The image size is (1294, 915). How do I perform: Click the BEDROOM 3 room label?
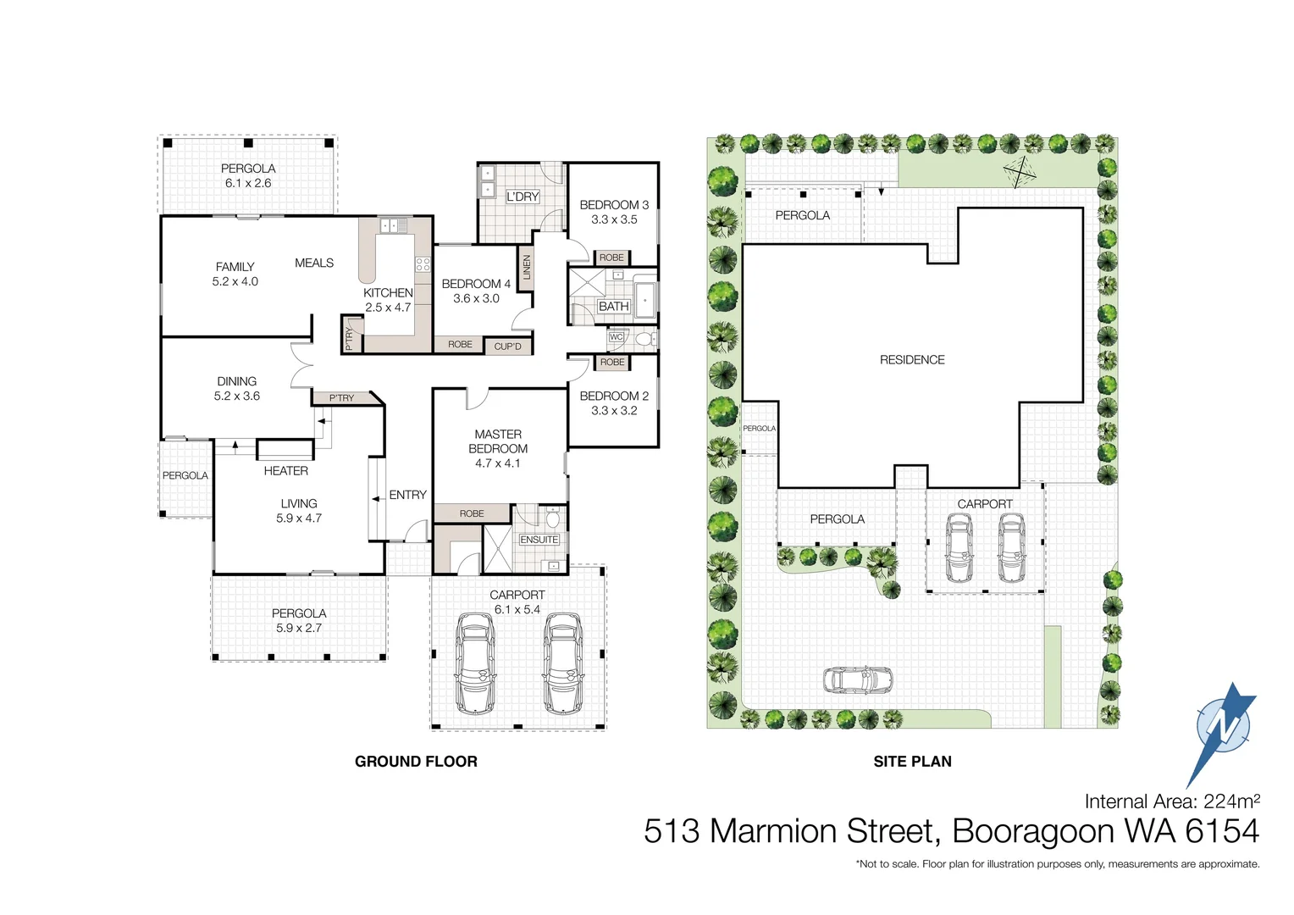[x=614, y=205]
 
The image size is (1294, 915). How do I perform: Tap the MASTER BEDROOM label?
[x=498, y=441]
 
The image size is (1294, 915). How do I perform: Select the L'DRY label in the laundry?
[x=523, y=197]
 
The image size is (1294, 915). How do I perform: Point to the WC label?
[x=616, y=337]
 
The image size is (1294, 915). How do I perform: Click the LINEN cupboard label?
[x=527, y=268]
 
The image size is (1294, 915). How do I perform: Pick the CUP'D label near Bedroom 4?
[x=507, y=347]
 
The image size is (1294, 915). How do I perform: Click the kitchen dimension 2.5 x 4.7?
[x=388, y=308]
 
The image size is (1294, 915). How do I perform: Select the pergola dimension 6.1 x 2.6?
[x=248, y=183]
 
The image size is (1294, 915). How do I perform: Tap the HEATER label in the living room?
[x=285, y=471]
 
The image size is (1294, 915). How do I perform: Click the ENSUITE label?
[x=539, y=540]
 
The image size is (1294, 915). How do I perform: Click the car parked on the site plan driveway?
[x=857, y=679]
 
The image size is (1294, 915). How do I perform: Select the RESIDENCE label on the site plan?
[x=912, y=360]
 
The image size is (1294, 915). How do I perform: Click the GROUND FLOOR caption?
[x=416, y=762]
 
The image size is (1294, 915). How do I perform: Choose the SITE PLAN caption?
[x=912, y=762]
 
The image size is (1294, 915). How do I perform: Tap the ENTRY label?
[x=407, y=495]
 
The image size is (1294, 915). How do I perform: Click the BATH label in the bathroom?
[x=613, y=307]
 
